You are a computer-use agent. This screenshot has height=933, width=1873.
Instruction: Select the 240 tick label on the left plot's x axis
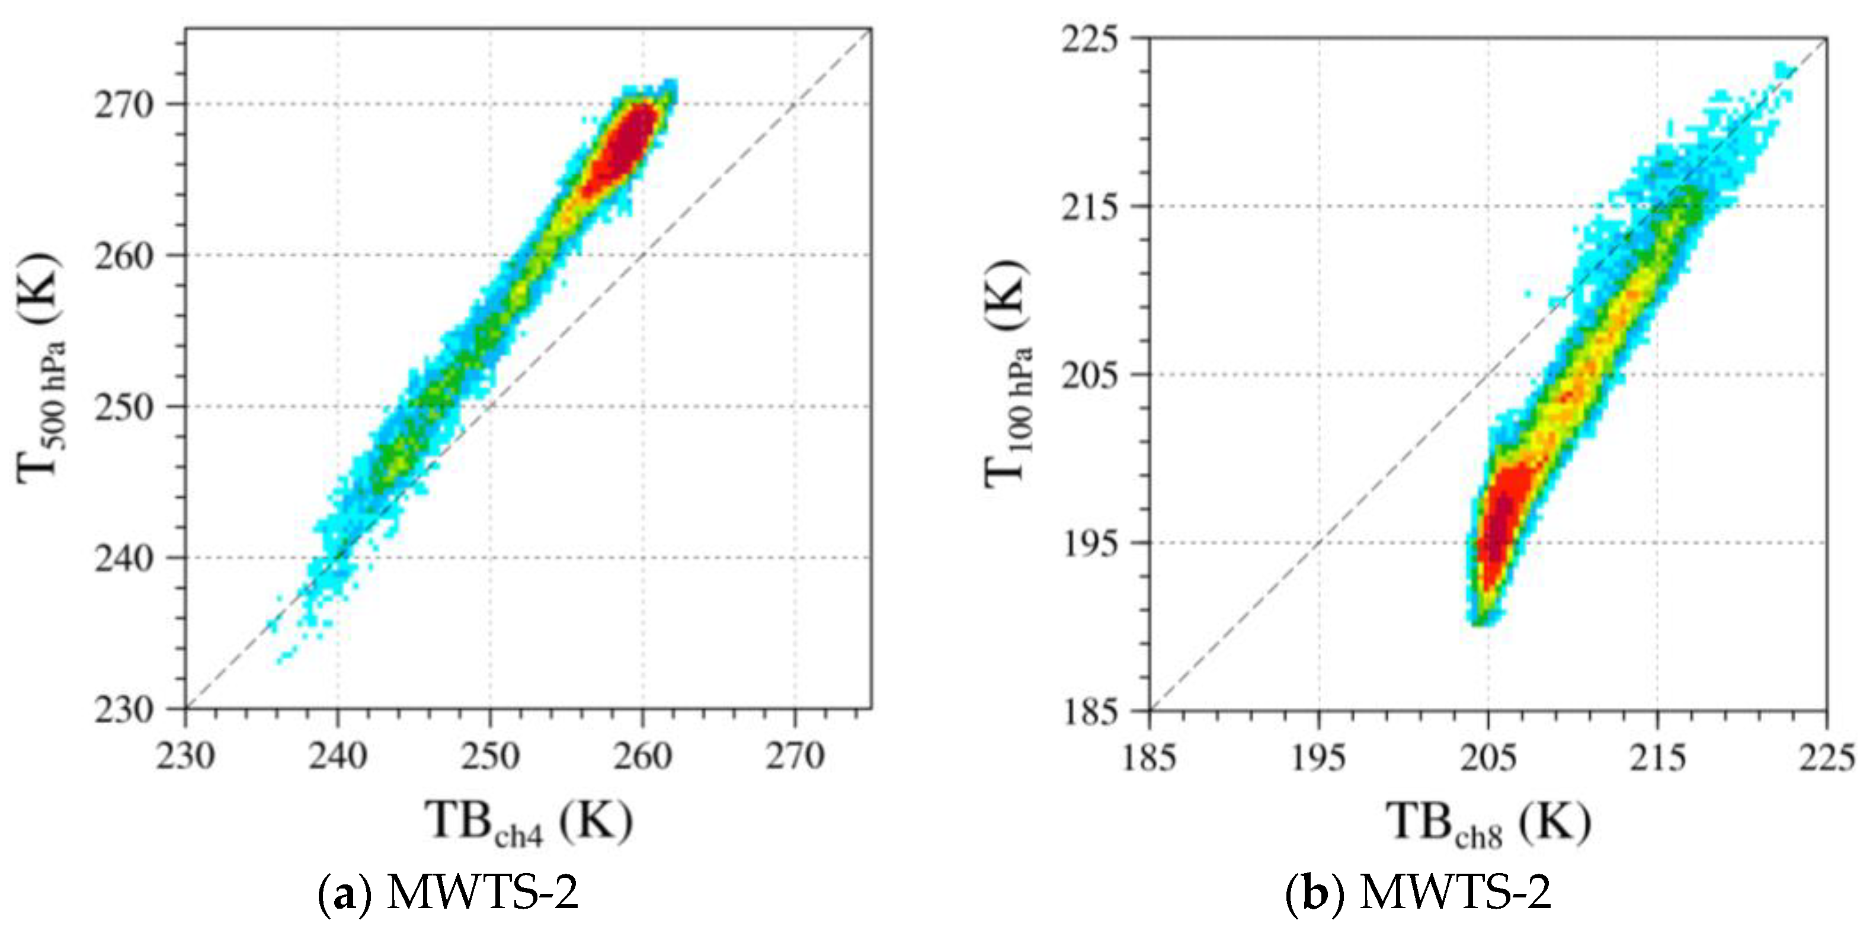[337, 756]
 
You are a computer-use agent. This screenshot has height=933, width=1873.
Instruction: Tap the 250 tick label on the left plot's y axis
[124, 407]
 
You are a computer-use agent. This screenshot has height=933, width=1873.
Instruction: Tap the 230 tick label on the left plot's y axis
[124, 710]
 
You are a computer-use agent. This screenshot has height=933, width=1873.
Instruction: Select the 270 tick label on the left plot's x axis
[794, 756]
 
